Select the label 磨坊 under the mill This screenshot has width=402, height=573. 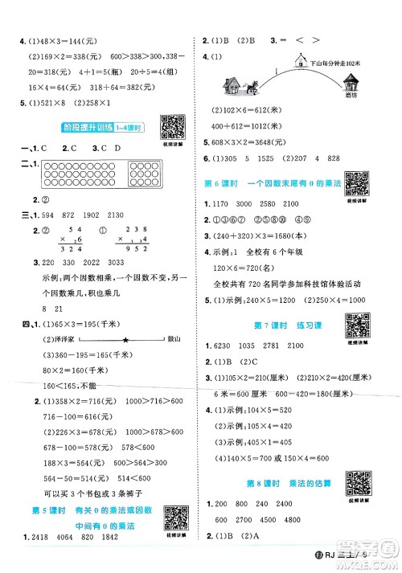[352, 97]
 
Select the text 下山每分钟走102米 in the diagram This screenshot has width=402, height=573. [336, 50]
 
